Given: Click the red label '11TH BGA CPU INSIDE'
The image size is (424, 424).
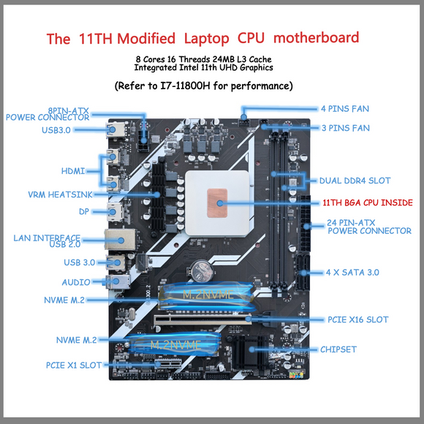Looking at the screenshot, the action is (x=368, y=202).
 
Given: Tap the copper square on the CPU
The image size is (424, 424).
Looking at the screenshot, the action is (x=217, y=202).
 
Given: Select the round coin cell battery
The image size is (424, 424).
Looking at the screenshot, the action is (x=202, y=270).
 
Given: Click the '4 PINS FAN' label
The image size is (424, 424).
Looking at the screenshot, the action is (x=345, y=109).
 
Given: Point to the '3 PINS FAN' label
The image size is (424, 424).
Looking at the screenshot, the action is (x=346, y=128).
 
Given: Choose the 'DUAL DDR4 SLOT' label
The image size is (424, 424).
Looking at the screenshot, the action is (x=355, y=181).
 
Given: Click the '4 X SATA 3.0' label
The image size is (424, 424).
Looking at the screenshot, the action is (x=352, y=272).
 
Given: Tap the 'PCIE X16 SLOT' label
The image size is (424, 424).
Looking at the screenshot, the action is (x=358, y=319).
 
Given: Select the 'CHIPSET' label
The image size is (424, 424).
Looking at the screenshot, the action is (x=338, y=349).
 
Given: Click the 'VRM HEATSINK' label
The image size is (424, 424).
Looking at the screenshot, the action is (x=60, y=194).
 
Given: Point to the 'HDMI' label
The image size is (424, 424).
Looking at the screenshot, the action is (x=73, y=171).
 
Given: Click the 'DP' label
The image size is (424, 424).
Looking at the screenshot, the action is (x=84, y=211).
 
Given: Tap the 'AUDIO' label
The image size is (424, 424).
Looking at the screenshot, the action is (x=76, y=282).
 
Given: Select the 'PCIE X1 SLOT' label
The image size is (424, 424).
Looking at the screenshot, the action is (x=74, y=365).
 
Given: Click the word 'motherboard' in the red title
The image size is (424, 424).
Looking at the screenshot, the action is (x=316, y=37).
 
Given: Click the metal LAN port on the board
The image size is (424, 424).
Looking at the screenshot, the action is (x=121, y=239).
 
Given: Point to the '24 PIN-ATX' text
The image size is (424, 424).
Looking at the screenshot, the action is (x=351, y=222).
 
